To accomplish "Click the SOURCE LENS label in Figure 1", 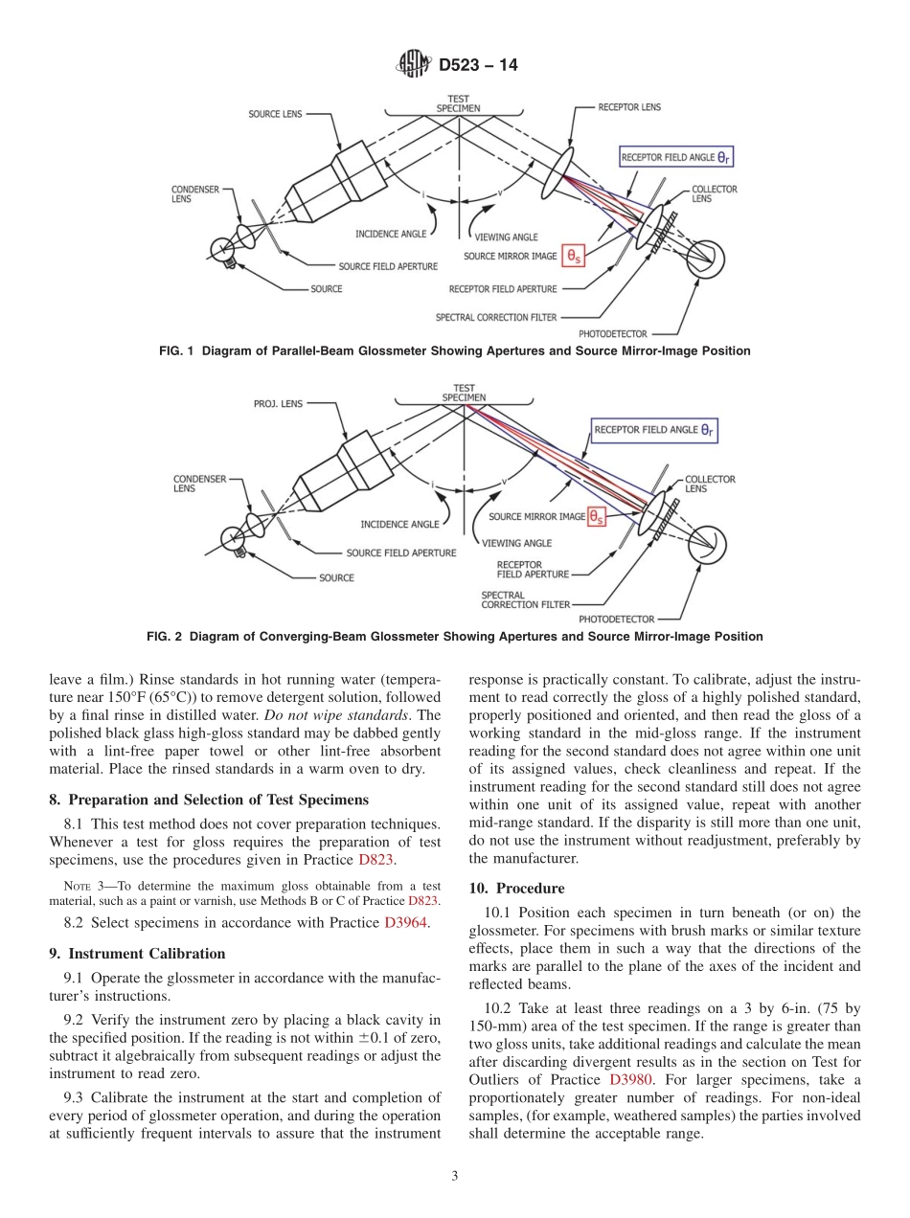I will pos(275,114).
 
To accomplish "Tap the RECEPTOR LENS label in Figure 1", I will pos(629,107).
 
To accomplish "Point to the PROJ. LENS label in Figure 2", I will pos(278,404).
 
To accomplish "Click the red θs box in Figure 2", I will pos(597,517).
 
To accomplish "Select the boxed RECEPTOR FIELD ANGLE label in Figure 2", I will pos(655,431).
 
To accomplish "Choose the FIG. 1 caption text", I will pos(454,351).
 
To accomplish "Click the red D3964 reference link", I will pos(407,922).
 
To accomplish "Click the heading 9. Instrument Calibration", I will pos(137,954).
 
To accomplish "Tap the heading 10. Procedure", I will pos(516,889).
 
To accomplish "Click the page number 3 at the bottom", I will pos(454,1176).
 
